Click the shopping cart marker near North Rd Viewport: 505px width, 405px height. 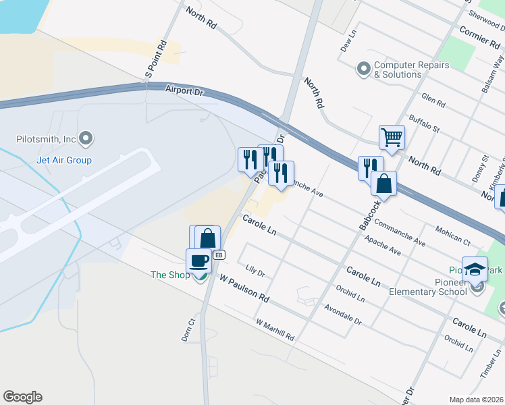pos(392,138)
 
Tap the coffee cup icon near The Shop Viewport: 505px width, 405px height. pos(198,261)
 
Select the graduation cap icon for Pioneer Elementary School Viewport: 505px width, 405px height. pos(475,269)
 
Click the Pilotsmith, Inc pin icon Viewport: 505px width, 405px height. pos(86,140)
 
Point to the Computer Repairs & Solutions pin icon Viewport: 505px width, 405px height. pos(364,70)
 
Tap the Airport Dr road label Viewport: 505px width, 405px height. pos(184,89)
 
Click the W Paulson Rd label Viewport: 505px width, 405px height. pos(244,289)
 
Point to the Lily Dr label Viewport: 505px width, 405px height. pos(255,271)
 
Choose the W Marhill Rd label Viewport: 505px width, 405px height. pos(275,329)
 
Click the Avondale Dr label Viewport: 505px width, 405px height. pos(342,312)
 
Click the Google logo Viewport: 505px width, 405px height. pos(22,397)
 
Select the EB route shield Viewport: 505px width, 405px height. pos(219,255)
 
